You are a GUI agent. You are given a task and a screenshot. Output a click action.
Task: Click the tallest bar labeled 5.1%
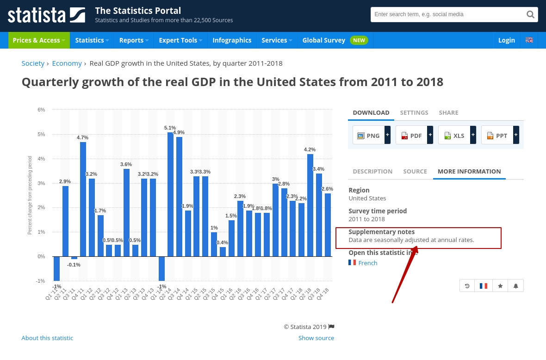(170, 194)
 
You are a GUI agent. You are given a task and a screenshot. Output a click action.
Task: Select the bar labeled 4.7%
(83, 199)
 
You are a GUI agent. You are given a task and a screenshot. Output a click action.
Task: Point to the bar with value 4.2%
(310, 205)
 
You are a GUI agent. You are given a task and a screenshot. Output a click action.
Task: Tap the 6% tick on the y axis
(41, 110)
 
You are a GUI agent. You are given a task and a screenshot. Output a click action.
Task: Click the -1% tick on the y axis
(41, 281)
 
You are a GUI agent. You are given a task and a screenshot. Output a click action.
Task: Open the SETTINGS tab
(414, 112)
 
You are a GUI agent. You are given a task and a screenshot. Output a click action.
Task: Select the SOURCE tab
(415, 171)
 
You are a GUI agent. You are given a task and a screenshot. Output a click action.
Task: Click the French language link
(367, 263)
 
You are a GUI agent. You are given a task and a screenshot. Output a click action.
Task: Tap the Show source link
(316, 338)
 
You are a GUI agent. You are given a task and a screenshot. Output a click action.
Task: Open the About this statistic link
(47, 338)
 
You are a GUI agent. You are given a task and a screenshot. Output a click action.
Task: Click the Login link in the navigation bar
(506, 40)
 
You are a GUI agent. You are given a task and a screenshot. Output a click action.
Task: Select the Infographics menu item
(232, 40)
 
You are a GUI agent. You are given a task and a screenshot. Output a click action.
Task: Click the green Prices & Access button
(39, 40)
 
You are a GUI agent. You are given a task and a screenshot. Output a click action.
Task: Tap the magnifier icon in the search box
(530, 14)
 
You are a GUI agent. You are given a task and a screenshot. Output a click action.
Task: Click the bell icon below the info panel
(515, 286)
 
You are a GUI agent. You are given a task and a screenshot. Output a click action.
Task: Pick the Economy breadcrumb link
(67, 63)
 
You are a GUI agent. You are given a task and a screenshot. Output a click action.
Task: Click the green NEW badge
(359, 40)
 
